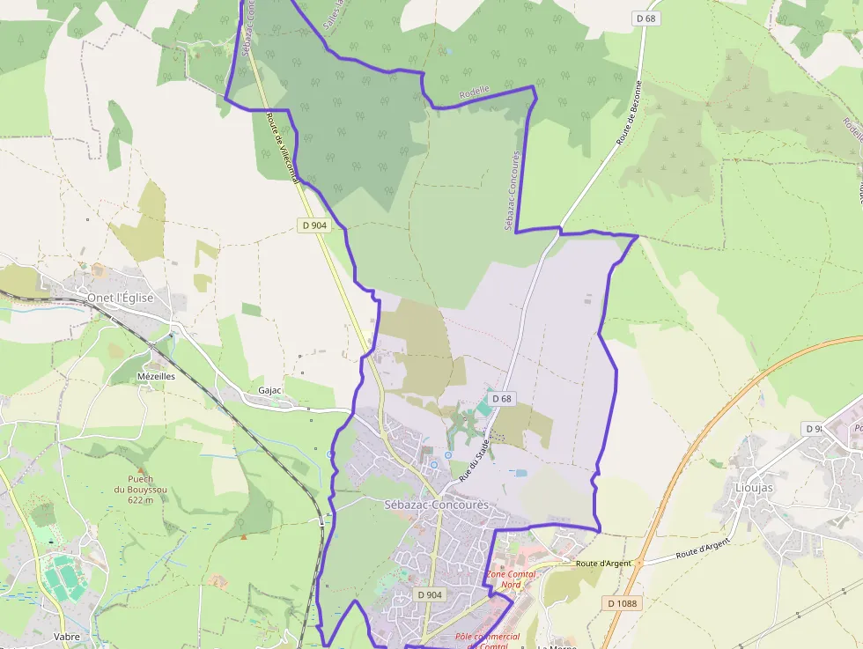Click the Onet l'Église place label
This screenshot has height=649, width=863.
pyautogui.click(x=120, y=298)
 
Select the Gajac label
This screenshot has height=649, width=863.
pyautogui.click(x=269, y=390)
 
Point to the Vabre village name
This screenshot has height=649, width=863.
pyautogui.click(x=66, y=637)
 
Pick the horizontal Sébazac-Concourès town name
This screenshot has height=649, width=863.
pyautogui.click(x=436, y=505)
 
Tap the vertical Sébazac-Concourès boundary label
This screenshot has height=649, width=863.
pyautogui.click(x=512, y=190)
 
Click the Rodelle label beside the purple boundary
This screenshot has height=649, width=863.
pyautogui.click(x=474, y=92)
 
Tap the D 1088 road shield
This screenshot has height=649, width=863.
pyautogui.click(x=622, y=603)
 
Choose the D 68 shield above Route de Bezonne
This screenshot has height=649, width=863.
pyautogui.click(x=645, y=18)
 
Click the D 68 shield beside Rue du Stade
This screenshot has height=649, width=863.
pyautogui.click(x=502, y=399)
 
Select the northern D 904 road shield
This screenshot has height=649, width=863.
pyautogui.click(x=314, y=225)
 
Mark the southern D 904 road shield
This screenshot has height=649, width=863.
pyautogui.click(x=430, y=595)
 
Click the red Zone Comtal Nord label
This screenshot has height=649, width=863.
pyautogui.click(x=510, y=579)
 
